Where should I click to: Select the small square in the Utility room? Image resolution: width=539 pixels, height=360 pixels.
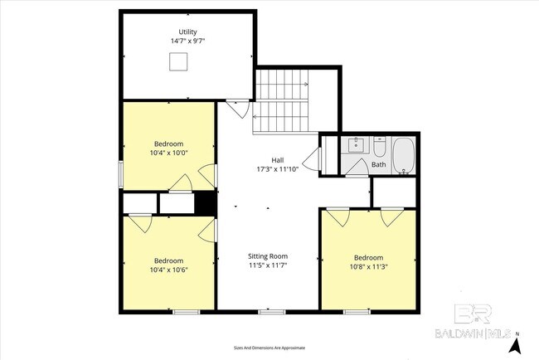click(177, 61)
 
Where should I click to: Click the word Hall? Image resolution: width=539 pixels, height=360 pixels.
click(277, 160)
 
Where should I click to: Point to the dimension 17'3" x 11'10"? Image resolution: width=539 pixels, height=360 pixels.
click(277, 168)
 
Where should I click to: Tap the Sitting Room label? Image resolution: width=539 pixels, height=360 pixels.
click(269, 256)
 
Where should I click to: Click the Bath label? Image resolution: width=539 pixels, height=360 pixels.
click(378, 164)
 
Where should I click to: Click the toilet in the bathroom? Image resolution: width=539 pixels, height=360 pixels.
click(379, 148)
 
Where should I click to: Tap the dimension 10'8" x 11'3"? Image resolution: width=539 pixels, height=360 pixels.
click(368, 266)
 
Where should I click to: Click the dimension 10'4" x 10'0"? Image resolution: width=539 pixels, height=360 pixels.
click(169, 152)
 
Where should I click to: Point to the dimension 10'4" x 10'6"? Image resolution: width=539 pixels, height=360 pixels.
click(168, 270)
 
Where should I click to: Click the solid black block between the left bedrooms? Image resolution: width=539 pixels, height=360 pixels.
click(205, 202)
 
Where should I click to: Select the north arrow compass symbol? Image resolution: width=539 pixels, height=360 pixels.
click(517, 341)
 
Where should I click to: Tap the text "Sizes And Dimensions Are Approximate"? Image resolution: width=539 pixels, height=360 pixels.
click(269, 347)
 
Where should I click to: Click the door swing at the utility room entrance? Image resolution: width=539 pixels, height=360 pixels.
click(237, 108)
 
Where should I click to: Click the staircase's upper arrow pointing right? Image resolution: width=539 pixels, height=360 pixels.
click(303, 84)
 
